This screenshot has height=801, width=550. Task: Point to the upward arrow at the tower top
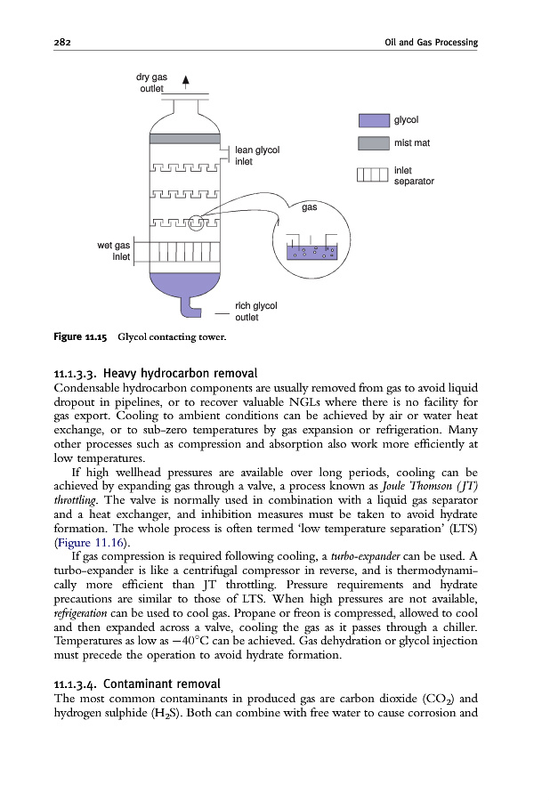(185, 83)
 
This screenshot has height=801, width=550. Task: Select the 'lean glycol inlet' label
(257, 156)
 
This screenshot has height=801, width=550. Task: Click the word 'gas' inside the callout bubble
(310, 207)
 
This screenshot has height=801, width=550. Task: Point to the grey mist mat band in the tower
(182, 139)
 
